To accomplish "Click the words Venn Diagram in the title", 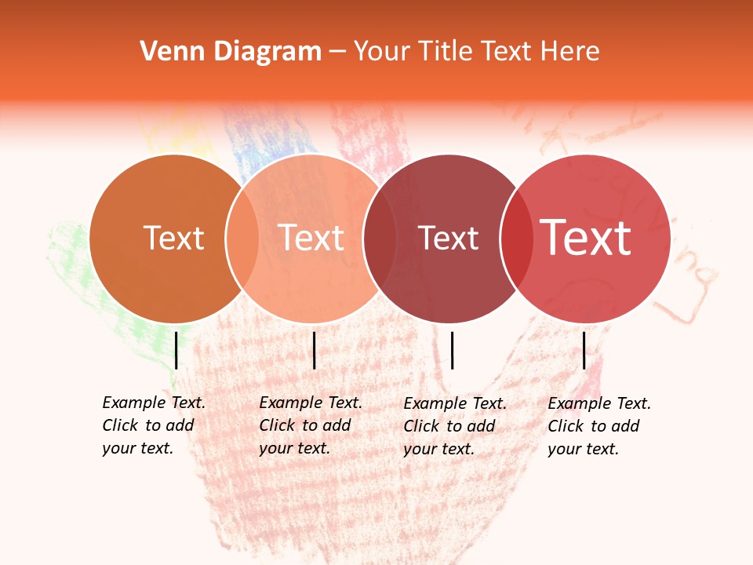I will (x=231, y=52).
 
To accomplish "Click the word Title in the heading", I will (x=445, y=52).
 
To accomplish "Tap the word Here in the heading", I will (x=571, y=52).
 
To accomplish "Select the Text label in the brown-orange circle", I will (x=174, y=238).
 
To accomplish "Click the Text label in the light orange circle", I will (x=311, y=238).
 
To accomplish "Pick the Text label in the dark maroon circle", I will (x=449, y=238).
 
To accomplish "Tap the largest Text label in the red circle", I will (x=586, y=238).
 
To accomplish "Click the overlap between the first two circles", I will (x=242, y=238).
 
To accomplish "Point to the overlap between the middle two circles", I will (x=380, y=238).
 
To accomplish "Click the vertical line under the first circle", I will (x=176, y=350).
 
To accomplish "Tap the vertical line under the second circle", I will (x=314, y=350).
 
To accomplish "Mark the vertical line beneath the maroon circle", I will (x=452, y=350).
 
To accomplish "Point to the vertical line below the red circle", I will (x=584, y=350).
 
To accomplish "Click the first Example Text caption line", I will (x=154, y=403).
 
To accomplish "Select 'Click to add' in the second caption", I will (x=304, y=425).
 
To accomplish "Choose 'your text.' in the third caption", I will (x=438, y=449).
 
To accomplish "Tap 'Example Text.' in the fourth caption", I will (x=599, y=403).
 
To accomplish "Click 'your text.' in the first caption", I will (x=137, y=448).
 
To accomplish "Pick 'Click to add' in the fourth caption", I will (x=593, y=426).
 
